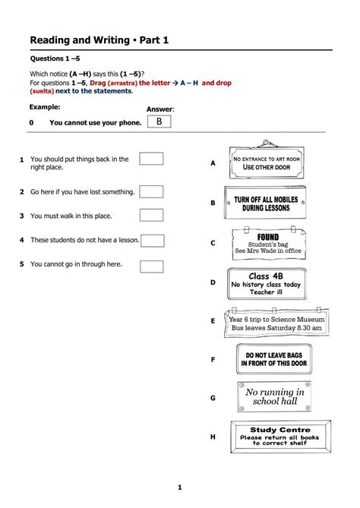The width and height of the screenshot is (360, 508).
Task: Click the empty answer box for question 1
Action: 151,159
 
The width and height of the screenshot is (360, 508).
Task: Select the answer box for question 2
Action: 151,191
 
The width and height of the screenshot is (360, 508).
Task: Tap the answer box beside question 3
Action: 151,215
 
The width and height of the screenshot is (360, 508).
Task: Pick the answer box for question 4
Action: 153,241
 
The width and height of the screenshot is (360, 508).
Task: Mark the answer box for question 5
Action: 152,267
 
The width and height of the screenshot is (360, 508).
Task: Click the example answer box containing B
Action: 159,121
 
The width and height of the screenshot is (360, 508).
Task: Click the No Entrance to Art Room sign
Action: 267,160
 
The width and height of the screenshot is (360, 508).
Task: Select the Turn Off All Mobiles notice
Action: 265,203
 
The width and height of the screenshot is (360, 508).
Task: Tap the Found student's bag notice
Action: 269,243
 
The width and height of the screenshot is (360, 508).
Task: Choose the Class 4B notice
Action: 267,284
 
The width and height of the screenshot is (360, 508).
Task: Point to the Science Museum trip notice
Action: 276,323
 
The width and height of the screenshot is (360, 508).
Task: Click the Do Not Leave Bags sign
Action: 274,359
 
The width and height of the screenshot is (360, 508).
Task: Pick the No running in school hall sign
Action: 274,396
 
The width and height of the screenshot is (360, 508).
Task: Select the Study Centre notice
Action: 280,437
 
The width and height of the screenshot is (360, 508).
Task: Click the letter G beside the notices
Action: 213,398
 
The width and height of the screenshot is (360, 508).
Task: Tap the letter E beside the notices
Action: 213,320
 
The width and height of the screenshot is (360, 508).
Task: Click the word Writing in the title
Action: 112,40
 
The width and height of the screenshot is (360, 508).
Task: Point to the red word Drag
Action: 97,83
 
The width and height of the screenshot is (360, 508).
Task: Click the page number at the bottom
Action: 180,487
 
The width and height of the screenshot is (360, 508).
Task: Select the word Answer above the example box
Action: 160,109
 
